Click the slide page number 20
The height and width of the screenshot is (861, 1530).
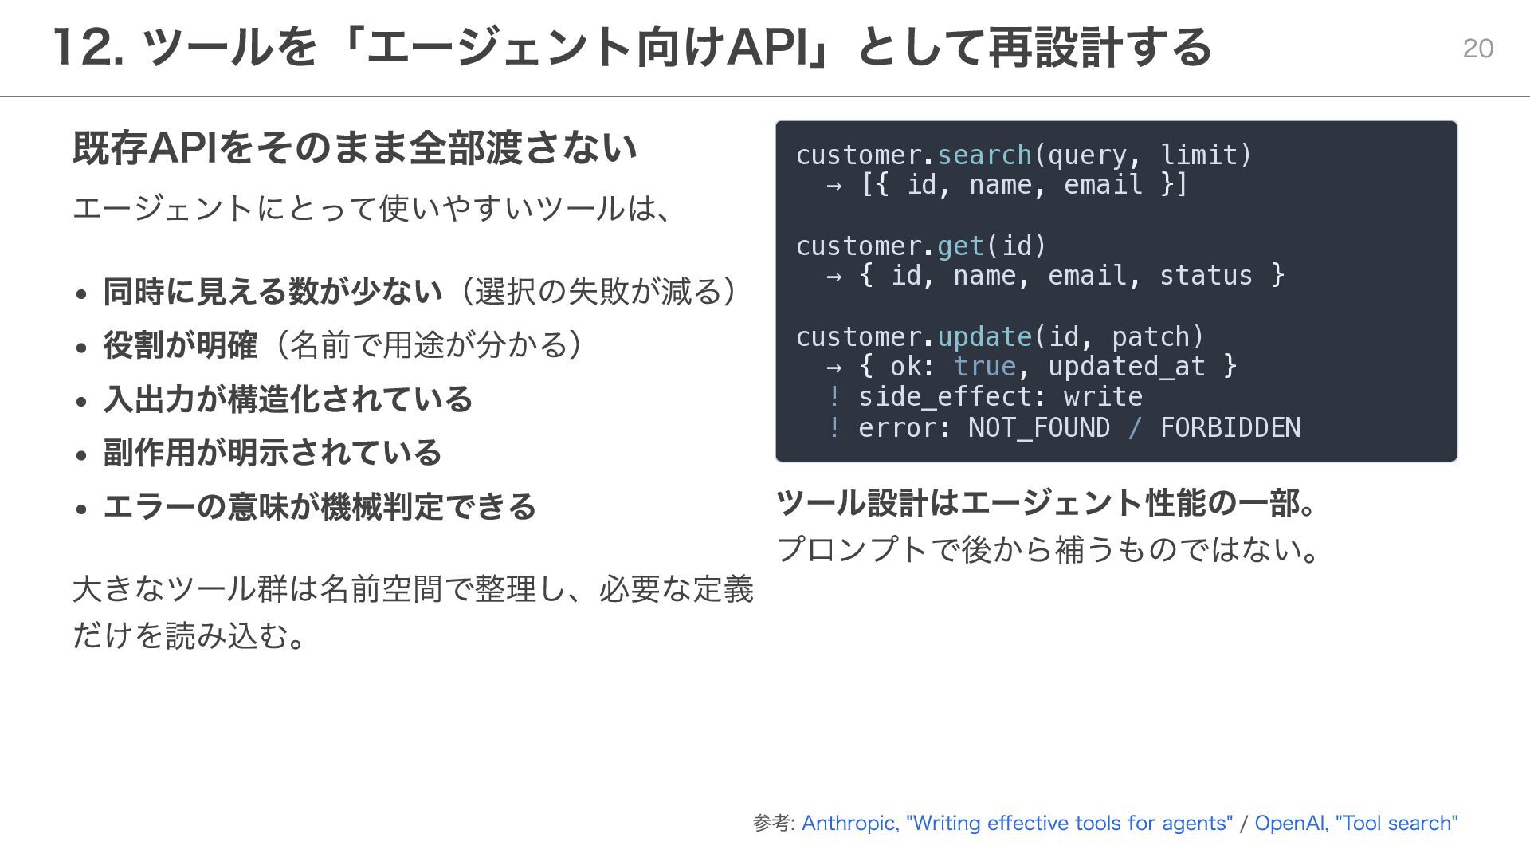coord(1477,49)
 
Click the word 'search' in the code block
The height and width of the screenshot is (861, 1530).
coord(985,155)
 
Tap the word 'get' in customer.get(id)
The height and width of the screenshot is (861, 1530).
coord(961,246)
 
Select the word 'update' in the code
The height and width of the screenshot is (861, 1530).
coord(985,336)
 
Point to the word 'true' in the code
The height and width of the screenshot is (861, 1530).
coord(985,366)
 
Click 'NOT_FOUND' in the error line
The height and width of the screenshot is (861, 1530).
coord(1039,427)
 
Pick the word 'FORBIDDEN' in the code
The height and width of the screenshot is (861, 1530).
coord(1230,427)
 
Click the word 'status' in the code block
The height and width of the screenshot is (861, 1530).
coord(1206,275)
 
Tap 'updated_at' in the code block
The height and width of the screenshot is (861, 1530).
coord(1127,366)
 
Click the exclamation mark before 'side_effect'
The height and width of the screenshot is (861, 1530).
coord(834,396)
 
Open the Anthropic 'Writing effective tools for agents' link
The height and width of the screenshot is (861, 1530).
coord(1017,823)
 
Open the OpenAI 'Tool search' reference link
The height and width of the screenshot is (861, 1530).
coord(1356,823)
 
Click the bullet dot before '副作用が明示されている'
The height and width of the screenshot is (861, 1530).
coord(81,455)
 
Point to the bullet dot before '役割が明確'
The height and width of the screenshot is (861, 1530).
coord(81,348)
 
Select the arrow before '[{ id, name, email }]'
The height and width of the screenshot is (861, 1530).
coord(834,186)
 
